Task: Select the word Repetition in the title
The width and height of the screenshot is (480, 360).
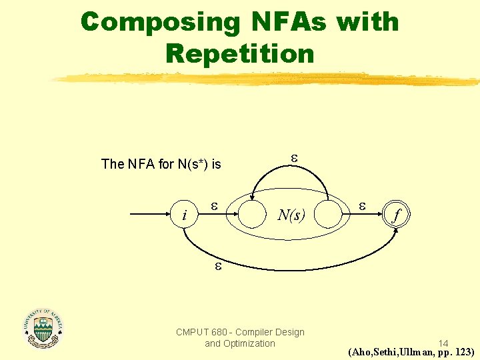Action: pos(240,53)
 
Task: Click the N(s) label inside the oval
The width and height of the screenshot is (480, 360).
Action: pos(291,215)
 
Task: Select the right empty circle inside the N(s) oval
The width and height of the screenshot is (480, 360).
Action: pos(331,215)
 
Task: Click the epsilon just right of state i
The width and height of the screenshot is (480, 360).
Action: pos(214,206)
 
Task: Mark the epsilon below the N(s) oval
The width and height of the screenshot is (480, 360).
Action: pos(217,267)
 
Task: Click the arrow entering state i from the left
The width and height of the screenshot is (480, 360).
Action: pos(150,215)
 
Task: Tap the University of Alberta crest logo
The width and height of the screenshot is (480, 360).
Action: pos(43,328)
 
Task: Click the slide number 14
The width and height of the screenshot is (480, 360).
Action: pos(443,343)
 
